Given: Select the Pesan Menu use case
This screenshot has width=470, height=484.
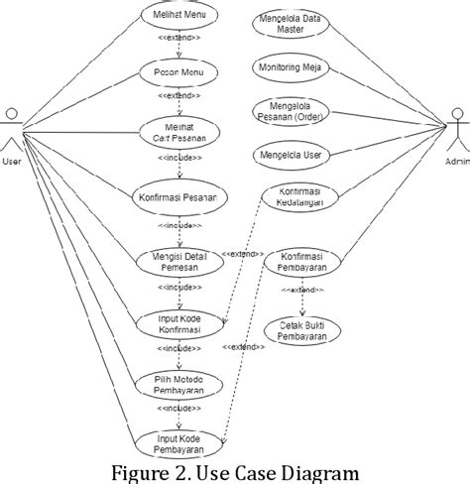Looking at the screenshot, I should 179,72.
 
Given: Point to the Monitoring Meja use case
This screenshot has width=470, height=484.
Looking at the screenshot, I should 294,68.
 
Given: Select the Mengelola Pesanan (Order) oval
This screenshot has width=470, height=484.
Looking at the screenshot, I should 294,111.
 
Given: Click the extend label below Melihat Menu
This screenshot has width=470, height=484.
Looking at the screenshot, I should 179,40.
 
